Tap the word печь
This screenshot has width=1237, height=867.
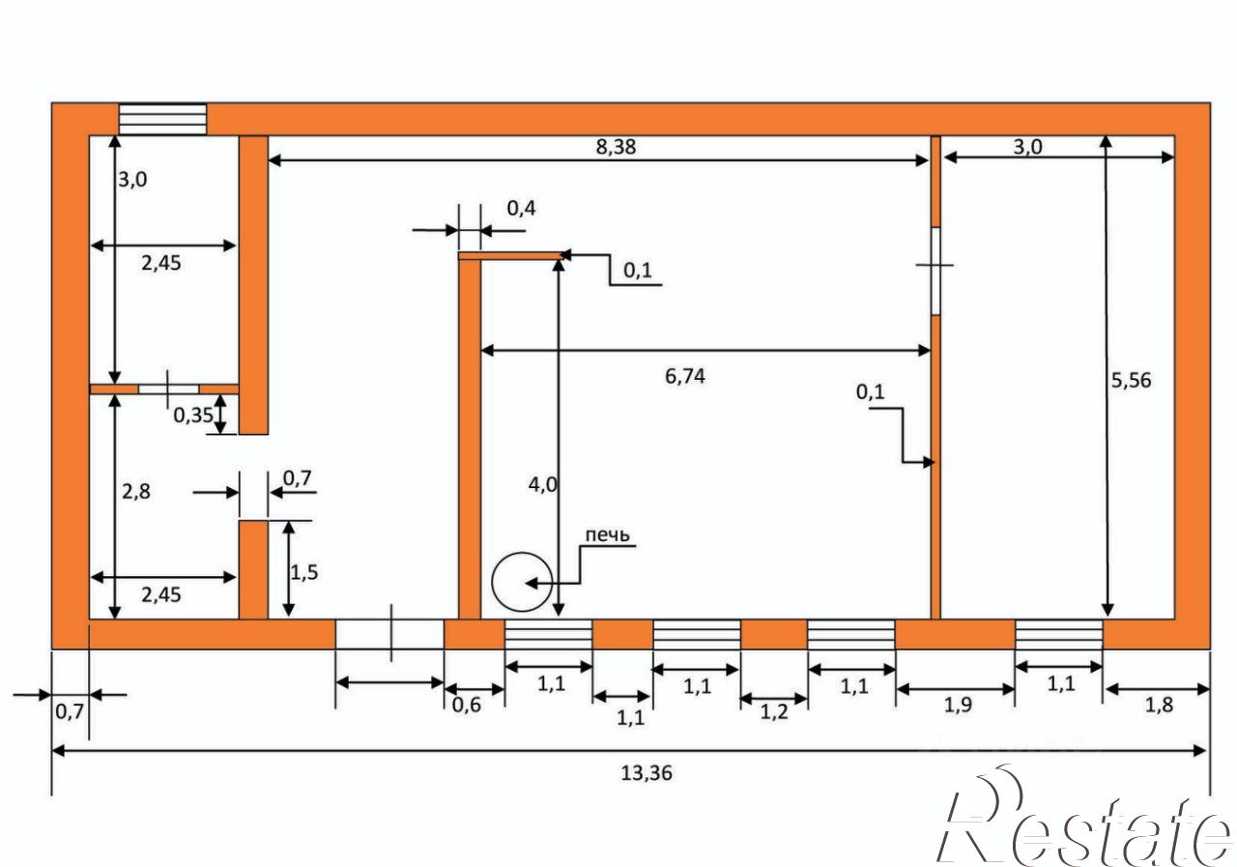pos(607,535)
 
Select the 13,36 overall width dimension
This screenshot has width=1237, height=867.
pos(647,773)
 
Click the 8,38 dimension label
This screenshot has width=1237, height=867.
pos(616,147)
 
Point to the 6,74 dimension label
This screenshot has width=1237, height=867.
pos(685,376)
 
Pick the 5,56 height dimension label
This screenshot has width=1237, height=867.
pos(1131,380)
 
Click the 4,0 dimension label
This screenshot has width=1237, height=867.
pos(542,485)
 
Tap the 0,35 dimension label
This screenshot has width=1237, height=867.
pos(192,416)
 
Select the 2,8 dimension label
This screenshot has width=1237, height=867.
pos(136,491)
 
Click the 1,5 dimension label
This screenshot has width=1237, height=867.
pos(304,572)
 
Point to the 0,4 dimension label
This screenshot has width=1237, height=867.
pos(521,208)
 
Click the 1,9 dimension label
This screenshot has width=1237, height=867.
pos(958,705)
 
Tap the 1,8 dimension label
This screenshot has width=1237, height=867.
pos(1159,705)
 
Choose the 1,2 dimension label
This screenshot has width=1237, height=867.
pos(774,711)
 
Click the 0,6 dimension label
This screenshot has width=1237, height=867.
pos(466,705)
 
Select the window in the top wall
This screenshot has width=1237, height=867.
pos(163,119)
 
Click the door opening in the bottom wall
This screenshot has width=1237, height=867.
pos(389,634)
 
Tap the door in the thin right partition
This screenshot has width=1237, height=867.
pos(935,271)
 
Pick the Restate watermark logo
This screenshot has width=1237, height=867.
pos(1085,818)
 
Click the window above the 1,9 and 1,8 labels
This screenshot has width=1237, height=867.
pos(1059,634)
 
